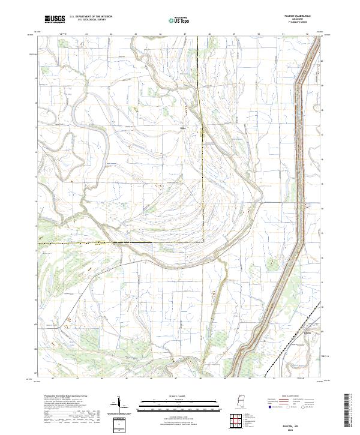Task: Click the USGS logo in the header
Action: (55, 19)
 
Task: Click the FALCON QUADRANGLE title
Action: (304, 16)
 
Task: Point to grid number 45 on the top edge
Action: (136, 34)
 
